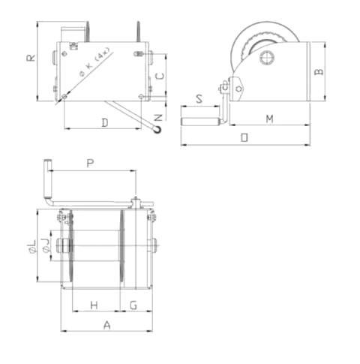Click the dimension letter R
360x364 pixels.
[31, 58]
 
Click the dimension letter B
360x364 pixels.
[319, 71]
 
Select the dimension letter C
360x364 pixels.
[160, 76]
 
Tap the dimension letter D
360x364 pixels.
[105, 123]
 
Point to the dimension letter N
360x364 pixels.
[158, 118]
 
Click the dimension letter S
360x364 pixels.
[199, 99]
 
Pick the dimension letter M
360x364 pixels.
[269, 119]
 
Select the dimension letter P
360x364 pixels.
[90, 163]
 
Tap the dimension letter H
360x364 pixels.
[94, 305]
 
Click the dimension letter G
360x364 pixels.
[133, 305]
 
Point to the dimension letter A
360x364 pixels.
[107, 325]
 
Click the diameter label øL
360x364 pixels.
[32, 246]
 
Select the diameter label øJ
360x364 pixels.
[46, 245]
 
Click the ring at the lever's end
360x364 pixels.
[157, 129]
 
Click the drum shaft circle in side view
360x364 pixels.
[267, 58]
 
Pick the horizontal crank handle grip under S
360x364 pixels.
[201, 122]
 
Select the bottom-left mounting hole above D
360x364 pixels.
[64, 96]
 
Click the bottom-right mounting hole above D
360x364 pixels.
[142, 96]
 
